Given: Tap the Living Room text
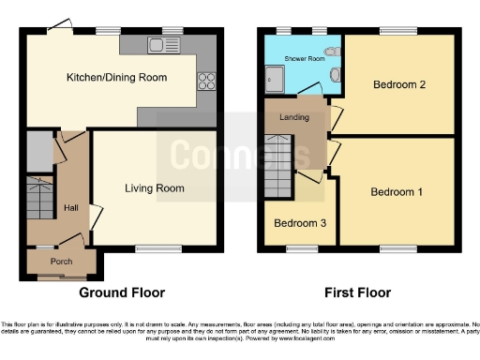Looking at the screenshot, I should click(x=154, y=187).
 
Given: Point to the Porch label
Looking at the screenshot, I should click(x=61, y=261).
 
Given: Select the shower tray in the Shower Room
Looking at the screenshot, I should click(x=278, y=82).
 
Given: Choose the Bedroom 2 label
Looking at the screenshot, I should click(x=399, y=85).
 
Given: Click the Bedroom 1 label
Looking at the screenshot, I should click(x=396, y=192).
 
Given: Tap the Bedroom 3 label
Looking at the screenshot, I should click(x=299, y=223).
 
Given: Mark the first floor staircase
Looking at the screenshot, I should click(x=279, y=165).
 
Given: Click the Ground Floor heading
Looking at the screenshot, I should click(x=116, y=292).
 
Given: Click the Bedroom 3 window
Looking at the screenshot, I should click(x=300, y=248).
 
